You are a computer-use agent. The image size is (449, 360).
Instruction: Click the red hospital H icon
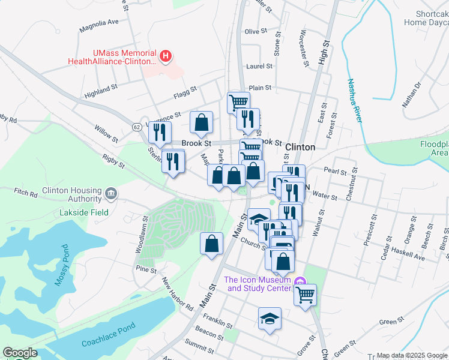166,58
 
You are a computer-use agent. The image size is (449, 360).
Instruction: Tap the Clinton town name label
300,147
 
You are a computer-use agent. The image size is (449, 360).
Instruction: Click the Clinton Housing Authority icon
110,193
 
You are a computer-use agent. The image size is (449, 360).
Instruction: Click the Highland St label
101,91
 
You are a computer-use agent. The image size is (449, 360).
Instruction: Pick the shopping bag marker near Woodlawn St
210,244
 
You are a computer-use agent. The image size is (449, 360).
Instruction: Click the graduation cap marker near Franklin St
270,319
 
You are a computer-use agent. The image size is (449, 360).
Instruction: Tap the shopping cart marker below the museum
305,295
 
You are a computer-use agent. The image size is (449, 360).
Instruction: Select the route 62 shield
137,127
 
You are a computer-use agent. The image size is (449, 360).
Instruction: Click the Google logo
20,353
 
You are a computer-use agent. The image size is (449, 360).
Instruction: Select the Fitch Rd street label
26,191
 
